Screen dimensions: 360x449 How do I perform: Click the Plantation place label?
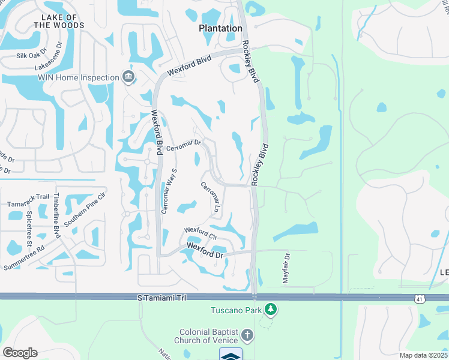221,28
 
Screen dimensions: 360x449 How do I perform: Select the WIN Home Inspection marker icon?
128,77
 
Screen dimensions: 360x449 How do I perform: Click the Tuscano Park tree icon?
271,310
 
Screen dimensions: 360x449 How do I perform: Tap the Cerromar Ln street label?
212,196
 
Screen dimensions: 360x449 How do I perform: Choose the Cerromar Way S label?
169,190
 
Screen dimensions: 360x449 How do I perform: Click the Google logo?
20,352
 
